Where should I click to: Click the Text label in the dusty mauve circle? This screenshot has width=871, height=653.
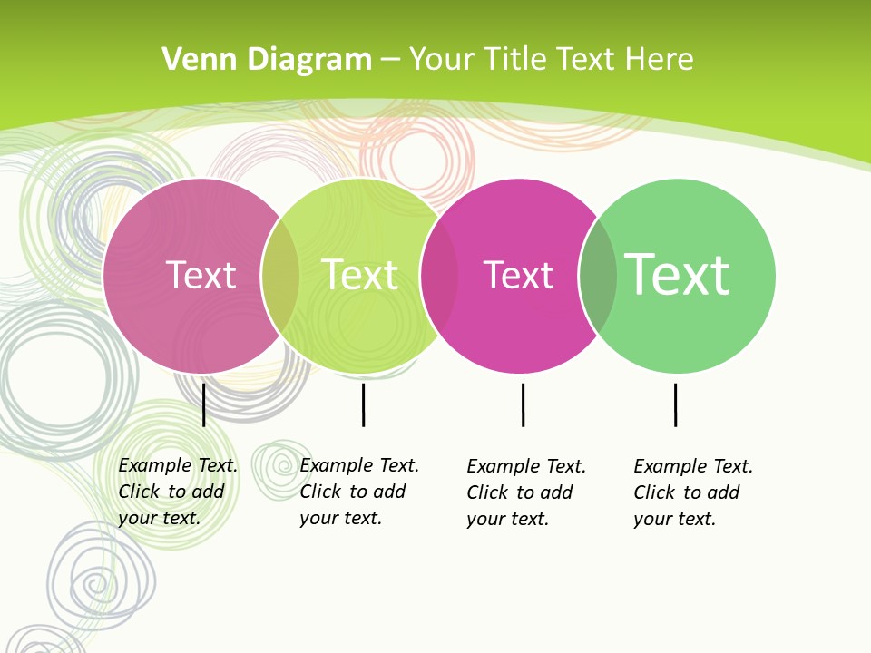tap(201, 275)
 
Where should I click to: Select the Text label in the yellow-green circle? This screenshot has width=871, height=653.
tap(360, 275)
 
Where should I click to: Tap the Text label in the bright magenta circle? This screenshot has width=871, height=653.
tap(518, 275)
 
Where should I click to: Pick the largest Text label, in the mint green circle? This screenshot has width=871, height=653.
tap(677, 275)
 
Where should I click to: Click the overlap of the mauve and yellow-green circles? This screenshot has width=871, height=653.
tap(280, 276)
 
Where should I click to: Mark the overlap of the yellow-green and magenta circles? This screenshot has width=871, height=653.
tap(439, 276)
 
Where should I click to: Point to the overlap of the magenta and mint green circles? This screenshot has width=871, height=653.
tap(598, 276)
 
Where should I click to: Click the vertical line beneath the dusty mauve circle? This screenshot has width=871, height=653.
tap(204, 404)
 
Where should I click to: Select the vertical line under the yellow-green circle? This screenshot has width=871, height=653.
tap(363, 404)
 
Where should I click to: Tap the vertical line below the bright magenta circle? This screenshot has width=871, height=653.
tap(523, 404)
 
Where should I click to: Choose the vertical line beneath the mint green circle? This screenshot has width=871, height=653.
tap(675, 404)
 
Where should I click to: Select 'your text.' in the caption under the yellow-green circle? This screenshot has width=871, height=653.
tap(341, 518)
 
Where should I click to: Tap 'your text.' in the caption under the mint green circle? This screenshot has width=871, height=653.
tap(675, 519)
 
